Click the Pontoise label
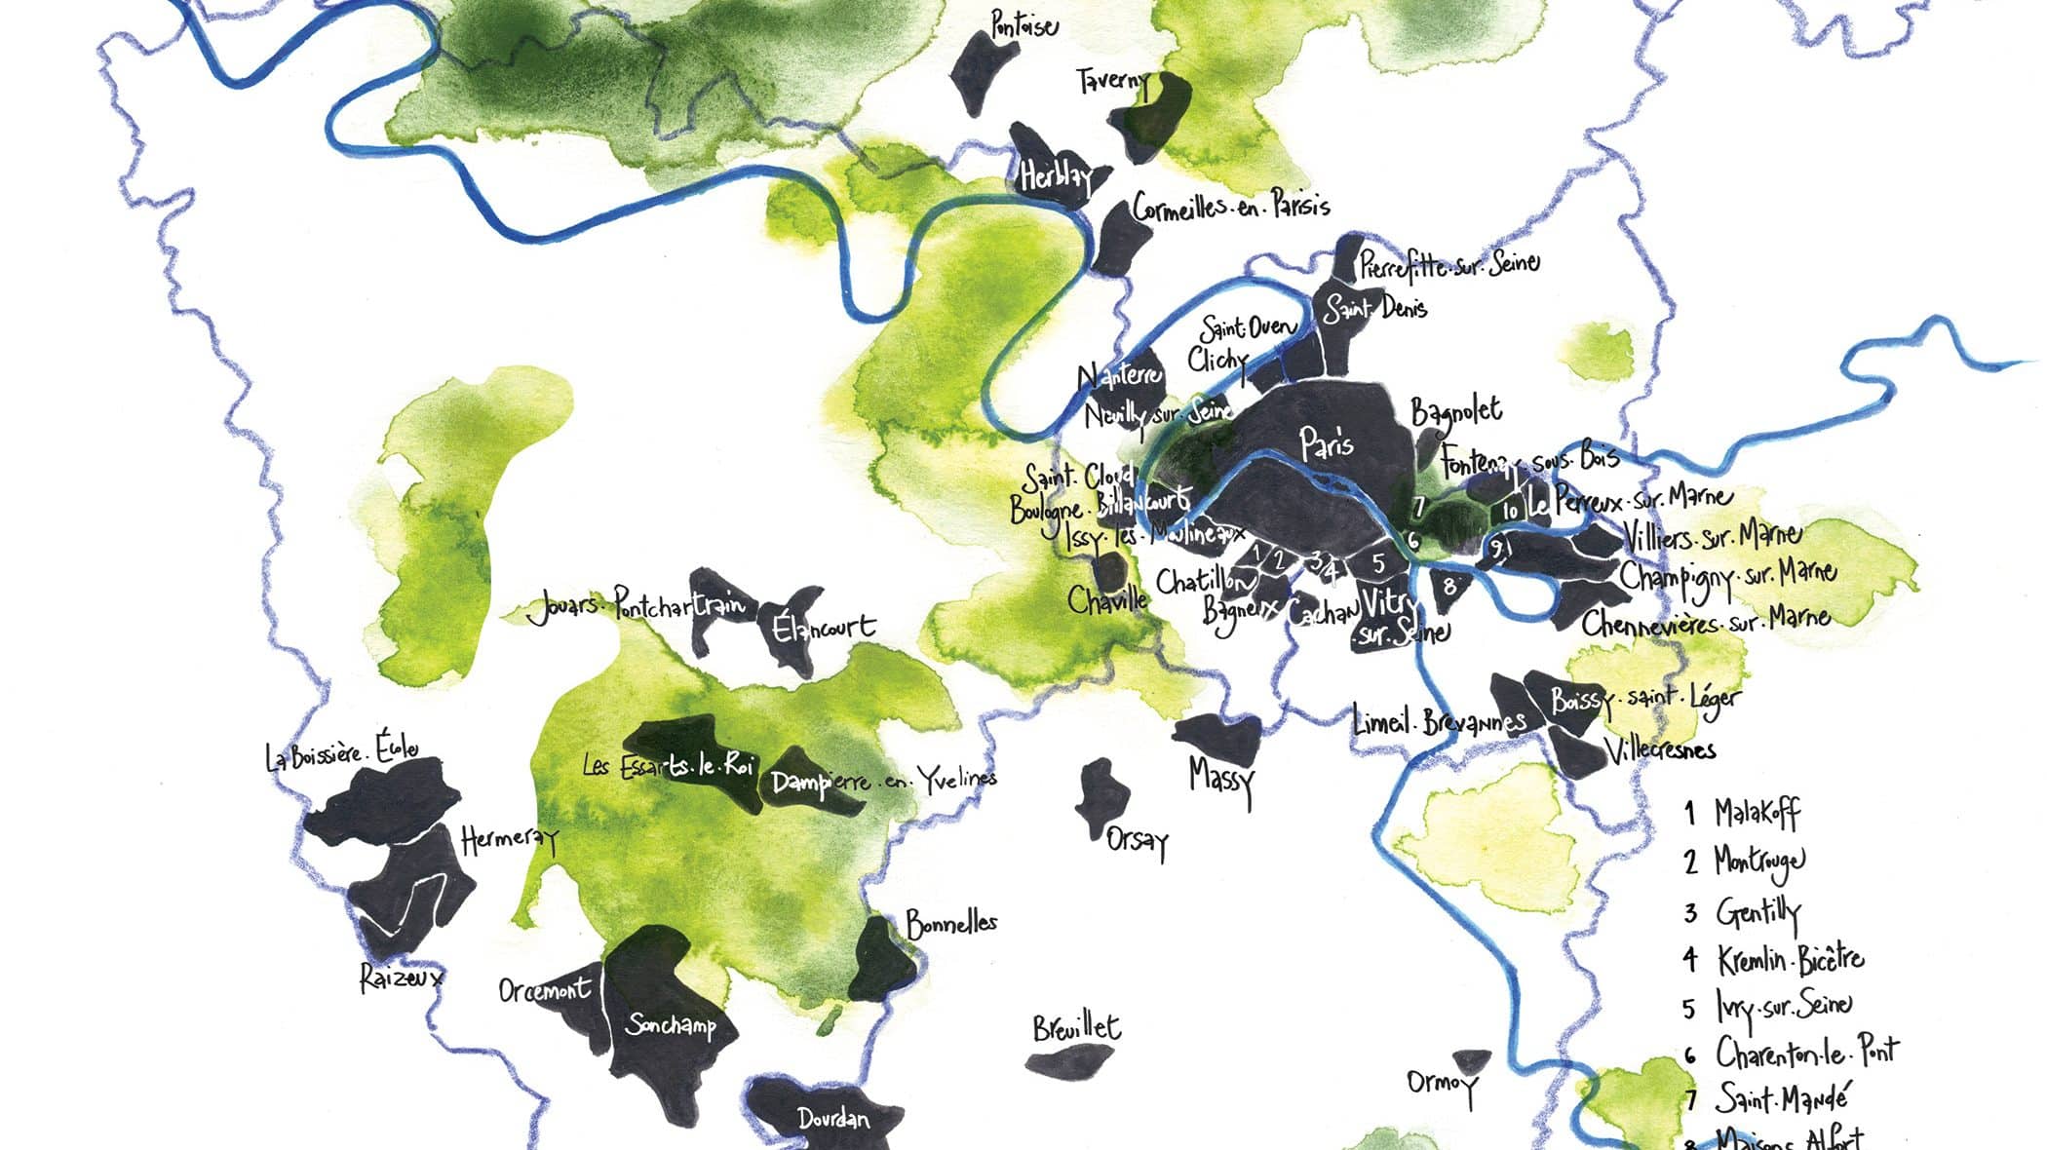(1023, 24)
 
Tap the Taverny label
(1112, 81)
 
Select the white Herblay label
(1053, 178)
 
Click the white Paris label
(1327, 444)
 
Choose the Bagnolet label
(1456, 412)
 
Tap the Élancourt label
(824, 628)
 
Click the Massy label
(1220, 779)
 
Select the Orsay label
(1137, 841)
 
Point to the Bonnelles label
(951, 923)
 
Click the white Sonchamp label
(670, 1025)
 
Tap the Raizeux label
(401, 977)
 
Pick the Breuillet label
(1076, 1028)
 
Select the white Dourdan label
(832, 1119)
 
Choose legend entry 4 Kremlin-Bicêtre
(1774, 960)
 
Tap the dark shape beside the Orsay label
(1101, 798)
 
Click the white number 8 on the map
(1449, 587)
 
